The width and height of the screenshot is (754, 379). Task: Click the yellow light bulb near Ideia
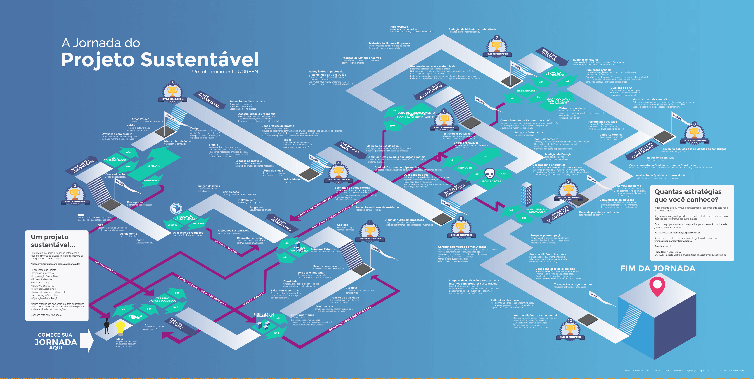point(120,328)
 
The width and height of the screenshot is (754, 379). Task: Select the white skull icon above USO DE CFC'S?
point(490,173)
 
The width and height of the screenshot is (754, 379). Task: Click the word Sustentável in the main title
point(200,60)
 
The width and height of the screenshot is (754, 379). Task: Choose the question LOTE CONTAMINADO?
point(115,159)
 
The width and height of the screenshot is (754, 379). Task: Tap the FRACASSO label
point(198,223)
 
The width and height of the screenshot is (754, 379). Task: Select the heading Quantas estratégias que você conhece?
point(687,196)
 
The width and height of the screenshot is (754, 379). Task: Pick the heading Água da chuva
point(273,171)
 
